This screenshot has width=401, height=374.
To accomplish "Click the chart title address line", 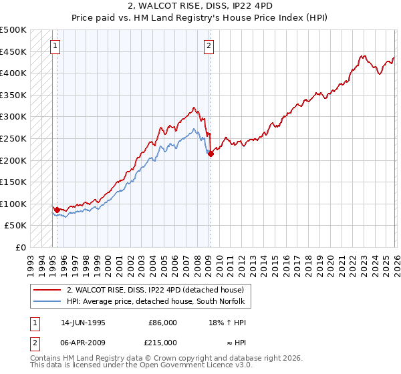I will (x=200, y=6).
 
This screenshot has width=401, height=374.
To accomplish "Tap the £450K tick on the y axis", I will (x=14, y=51).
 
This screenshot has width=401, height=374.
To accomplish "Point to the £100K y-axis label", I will (x=14, y=204).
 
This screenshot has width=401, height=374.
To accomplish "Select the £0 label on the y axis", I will (x=21, y=247).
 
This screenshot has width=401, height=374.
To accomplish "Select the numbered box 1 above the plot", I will (x=55, y=46).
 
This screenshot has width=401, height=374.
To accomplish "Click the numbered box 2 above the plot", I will (x=209, y=46).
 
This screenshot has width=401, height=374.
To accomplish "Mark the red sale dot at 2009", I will (x=211, y=154).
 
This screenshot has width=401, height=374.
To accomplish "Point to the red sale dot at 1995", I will (x=57, y=210).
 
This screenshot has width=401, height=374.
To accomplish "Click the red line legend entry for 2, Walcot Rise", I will (x=159, y=290).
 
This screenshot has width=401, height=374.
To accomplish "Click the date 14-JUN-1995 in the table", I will (x=83, y=322).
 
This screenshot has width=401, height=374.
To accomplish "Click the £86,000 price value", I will (x=162, y=322).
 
